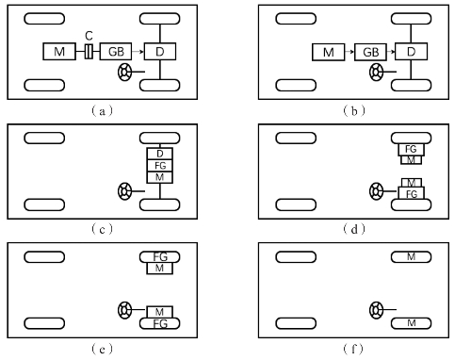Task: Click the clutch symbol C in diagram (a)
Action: [x=89, y=52]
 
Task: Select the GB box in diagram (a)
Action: [x=116, y=52]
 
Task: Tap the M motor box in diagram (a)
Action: [x=59, y=52]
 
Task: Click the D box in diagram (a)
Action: [x=160, y=52]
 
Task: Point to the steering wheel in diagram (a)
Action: [x=124, y=72]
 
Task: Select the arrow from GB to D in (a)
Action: [x=138, y=52]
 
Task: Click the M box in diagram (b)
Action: [x=329, y=52]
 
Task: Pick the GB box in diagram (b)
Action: [x=370, y=52]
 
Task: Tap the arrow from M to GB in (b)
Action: [x=349, y=52]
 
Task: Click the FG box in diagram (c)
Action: [x=160, y=166]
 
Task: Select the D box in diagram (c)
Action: [x=160, y=154]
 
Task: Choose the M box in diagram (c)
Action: [x=160, y=177]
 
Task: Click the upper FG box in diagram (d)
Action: [x=411, y=149]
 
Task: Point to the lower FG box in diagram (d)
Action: [x=411, y=193]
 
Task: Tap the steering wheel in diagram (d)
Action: [x=376, y=191]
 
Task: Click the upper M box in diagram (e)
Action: [x=160, y=269]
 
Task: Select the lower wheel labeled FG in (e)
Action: [x=160, y=323]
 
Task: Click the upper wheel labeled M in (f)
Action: [x=411, y=257]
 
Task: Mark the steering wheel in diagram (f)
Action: [x=376, y=310]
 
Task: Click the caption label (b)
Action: [x=354, y=111]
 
